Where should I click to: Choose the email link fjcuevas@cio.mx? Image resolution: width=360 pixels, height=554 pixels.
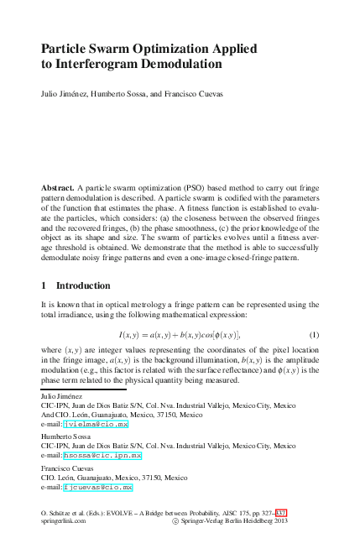[x=99, y=487]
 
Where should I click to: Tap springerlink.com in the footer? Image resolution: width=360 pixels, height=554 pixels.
[x=65, y=520]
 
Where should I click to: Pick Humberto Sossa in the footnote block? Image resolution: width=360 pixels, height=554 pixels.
[x=64, y=437]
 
